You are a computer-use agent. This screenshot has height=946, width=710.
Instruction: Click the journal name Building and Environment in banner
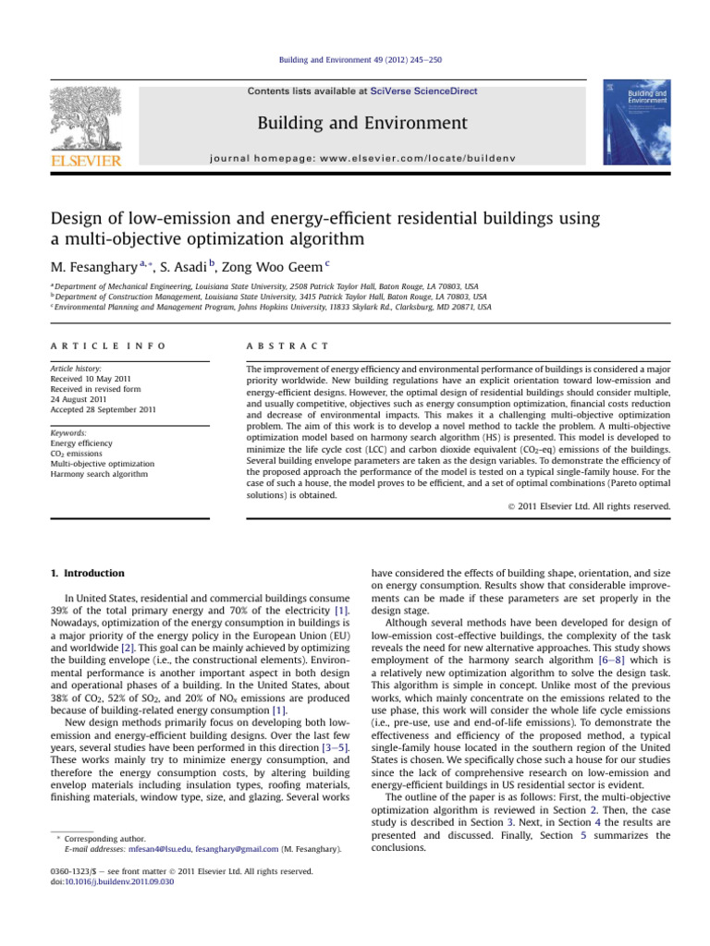(361, 123)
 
